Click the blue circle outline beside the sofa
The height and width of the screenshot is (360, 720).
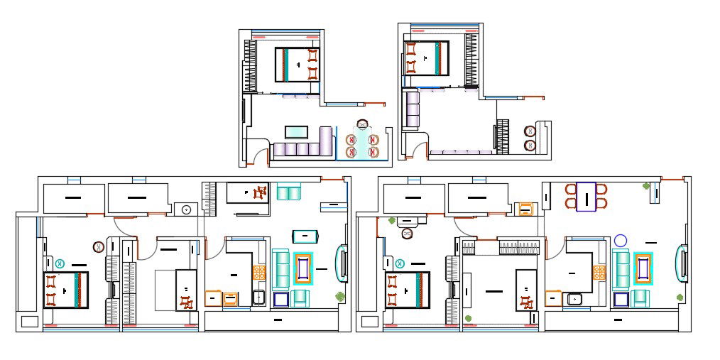pos(621,241)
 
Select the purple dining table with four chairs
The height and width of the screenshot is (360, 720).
pos(587,197)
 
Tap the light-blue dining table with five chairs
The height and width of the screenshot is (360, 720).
pos(364,146)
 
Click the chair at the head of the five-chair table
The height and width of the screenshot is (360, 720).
pos(364,124)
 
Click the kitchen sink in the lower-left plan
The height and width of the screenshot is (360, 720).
pos(259,298)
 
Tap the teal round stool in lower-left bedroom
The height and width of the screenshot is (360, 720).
pos(60,263)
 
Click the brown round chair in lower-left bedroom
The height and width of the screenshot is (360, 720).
pos(98,247)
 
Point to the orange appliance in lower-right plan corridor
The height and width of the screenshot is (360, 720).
pos(525,209)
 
